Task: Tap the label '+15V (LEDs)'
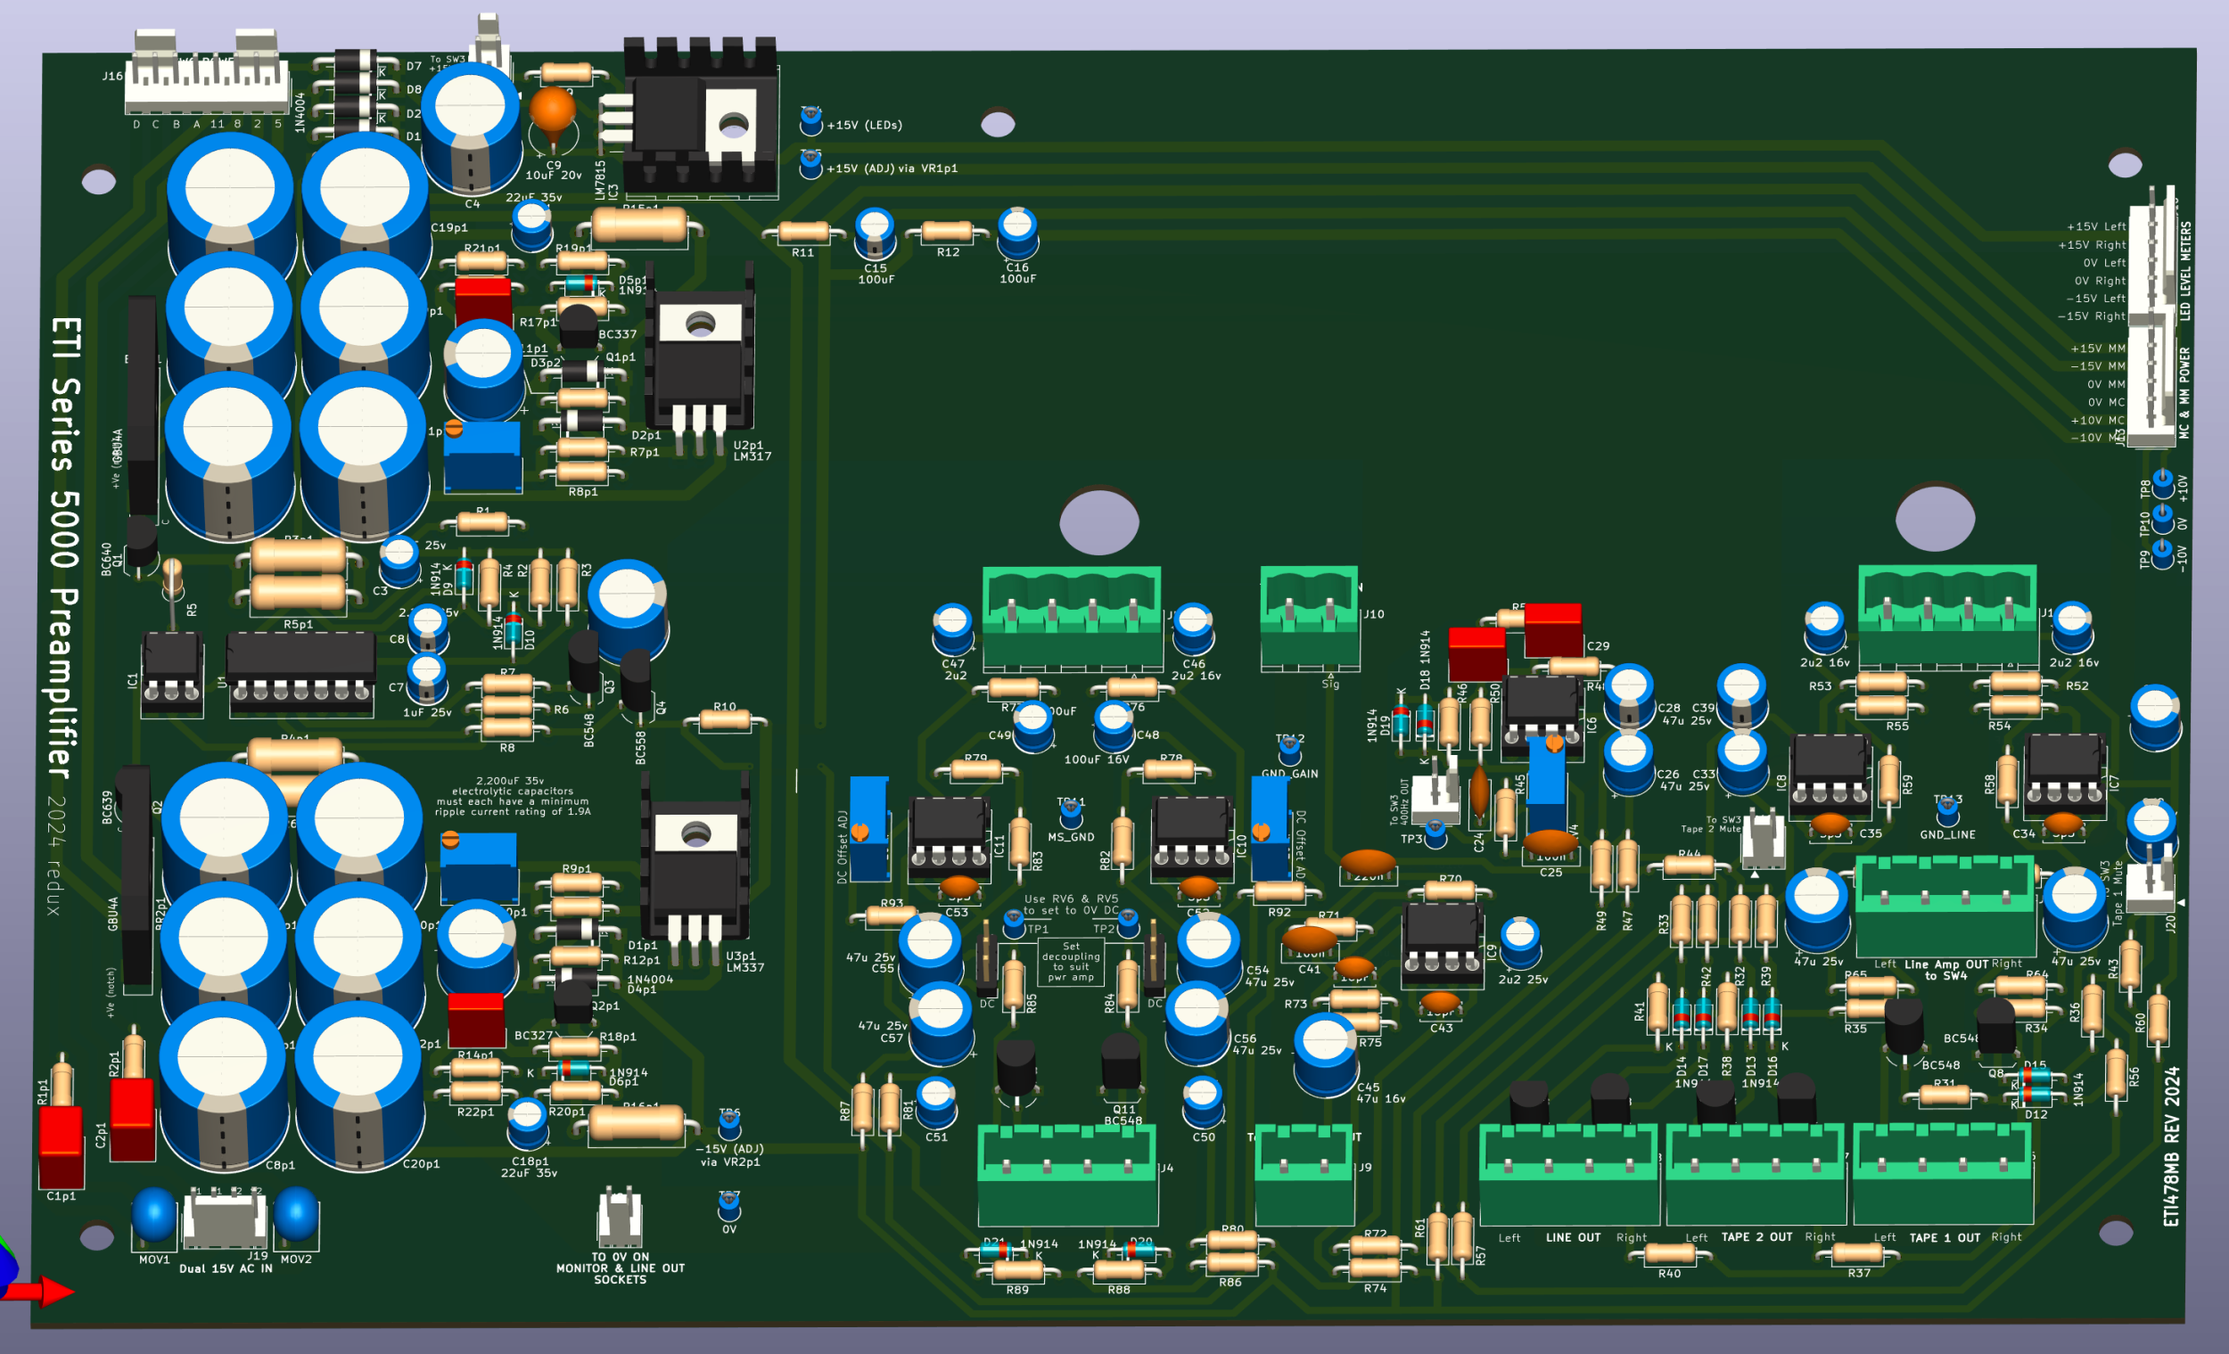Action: (864, 126)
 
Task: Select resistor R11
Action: (802, 233)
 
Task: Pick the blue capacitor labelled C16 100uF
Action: (1016, 233)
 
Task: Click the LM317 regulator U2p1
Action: (699, 362)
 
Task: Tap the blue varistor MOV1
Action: (153, 1216)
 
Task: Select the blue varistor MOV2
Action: (296, 1214)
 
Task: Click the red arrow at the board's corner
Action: (50, 1291)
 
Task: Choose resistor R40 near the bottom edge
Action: (1669, 1253)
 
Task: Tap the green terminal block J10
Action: (1309, 620)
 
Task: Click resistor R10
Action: (725, 721)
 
